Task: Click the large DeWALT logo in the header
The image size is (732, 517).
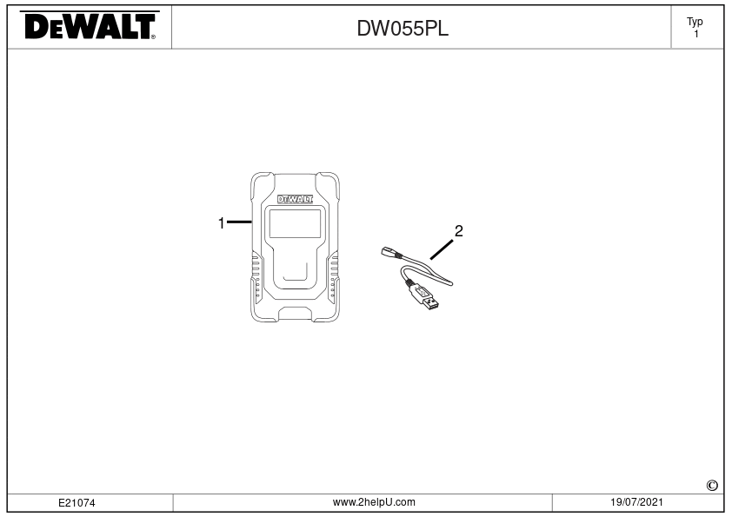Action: pos(90,26)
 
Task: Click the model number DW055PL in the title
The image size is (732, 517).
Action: pos(403,29)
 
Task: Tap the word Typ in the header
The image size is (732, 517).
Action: pos(695,22)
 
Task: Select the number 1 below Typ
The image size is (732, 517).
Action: pos(696,34)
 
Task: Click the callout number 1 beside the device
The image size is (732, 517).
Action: pos(222,223)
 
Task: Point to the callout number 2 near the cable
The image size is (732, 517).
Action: pos(458,231)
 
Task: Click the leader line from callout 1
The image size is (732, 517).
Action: pos(239,222)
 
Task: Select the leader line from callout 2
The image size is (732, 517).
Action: pos(441,249)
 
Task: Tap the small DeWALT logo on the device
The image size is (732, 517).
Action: pos(295,199)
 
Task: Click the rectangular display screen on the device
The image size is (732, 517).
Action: pos(295,223)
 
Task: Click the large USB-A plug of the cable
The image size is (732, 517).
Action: pos(424,297)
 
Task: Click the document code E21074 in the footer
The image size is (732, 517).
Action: pos(77,503)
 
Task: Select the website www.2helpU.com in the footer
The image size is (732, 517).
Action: pos(374,502)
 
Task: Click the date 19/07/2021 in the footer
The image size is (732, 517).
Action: pos(636,502)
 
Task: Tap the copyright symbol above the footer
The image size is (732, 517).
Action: pos(712,486)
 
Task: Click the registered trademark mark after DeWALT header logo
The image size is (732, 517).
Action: pos(153,36)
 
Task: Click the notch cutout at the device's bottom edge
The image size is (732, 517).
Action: pos(295,314)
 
